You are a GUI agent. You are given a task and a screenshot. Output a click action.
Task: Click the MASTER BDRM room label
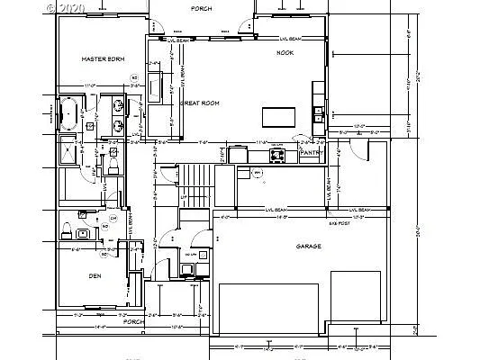click(x=103, y=59)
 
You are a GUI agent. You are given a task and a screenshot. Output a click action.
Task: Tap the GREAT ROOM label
click(x=201, y=103)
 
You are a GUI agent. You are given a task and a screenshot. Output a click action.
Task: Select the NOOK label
click(x=285, y=53)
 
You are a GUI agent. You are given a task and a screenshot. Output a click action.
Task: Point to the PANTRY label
click(x=311, y=154)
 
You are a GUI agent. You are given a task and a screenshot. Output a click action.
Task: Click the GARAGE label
click(x=310, y=246)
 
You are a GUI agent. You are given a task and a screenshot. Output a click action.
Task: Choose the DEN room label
click(x=95, y=277)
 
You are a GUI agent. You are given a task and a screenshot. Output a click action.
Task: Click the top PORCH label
click(x=202, y=9)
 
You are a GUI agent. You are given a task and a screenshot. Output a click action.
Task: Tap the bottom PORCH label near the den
click(x=133, y=321)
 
